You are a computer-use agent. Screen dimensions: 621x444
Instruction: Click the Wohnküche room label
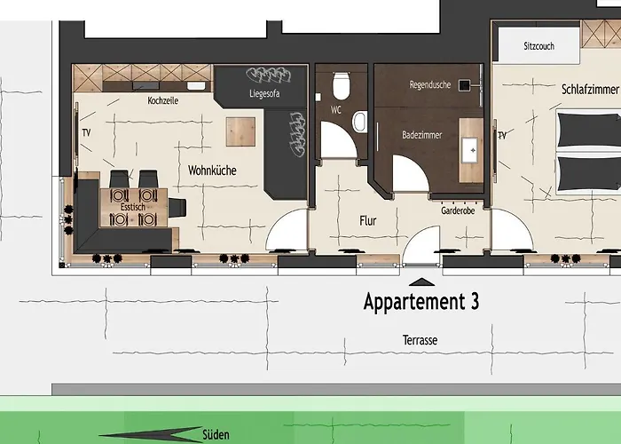tap(212, 170)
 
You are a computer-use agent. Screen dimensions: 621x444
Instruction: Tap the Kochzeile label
tap(162, 100)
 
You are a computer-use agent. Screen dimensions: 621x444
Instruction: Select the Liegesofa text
tap(264, 93)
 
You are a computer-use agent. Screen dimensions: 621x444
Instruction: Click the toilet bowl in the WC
tap(341, 85)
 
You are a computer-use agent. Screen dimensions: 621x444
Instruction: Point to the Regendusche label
tap(429, 85)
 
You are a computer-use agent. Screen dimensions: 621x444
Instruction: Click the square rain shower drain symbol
tap(464, 85)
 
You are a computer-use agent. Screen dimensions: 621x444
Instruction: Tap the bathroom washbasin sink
tap(470, 150)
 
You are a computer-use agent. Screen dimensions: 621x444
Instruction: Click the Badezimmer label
tap(421, 135)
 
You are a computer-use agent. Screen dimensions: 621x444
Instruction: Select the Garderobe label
tap(458, 211)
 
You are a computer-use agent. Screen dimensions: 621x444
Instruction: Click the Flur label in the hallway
tap(368, 221)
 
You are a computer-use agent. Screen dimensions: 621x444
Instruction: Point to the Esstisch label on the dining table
tap(133, 207)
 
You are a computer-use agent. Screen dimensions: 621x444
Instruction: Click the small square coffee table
tap(240, 131)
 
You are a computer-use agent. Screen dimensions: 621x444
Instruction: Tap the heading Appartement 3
tap(421, 302)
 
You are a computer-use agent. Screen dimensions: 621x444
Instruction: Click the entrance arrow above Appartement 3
tap(421, 281)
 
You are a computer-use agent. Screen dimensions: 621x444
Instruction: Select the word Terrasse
tap(420, 340)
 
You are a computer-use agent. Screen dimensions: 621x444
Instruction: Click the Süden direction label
tap(216, 434)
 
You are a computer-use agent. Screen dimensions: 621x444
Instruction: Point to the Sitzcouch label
tap(539, 46)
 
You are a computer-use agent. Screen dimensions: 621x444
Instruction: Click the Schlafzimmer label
tap(590, 90)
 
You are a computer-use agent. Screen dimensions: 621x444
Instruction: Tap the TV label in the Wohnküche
tap(86, 132)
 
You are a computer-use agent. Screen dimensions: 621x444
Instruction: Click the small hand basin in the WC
tap(359, 122)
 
